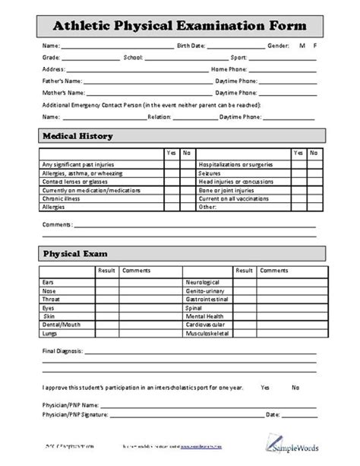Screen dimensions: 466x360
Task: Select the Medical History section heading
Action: coord(77,136)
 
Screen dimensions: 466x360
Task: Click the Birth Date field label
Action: coord(191,46)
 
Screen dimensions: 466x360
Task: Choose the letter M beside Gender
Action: coord(302,46)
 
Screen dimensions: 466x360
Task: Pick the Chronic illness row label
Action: coord(62,198)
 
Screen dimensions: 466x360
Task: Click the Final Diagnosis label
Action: coord(64,353)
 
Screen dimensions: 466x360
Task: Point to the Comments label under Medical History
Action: coord(58,225)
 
